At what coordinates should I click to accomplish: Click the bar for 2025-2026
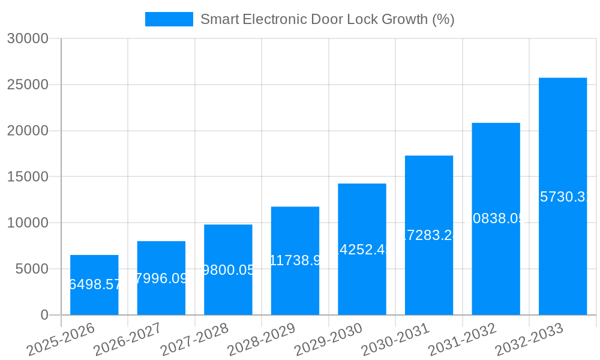tap(94, 285)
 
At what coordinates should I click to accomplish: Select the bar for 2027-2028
tap(228, 269)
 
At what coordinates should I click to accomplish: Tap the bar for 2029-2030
tap(362, 249)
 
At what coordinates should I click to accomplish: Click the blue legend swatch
tap(169, 19)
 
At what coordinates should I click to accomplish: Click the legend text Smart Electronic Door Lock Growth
tap(327, 19)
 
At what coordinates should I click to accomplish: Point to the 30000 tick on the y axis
tap(27, 39)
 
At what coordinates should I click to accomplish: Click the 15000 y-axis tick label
tap(27, 177)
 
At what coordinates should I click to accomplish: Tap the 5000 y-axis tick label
tap(31, 269)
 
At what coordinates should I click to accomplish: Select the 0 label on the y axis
tap(44, 315)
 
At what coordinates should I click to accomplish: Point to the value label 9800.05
tap(229, 270)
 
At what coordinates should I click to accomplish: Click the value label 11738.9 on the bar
tap(295, 260)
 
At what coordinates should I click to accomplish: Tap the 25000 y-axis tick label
tap(27, 85)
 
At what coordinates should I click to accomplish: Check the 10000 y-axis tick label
tap(27, 223)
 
